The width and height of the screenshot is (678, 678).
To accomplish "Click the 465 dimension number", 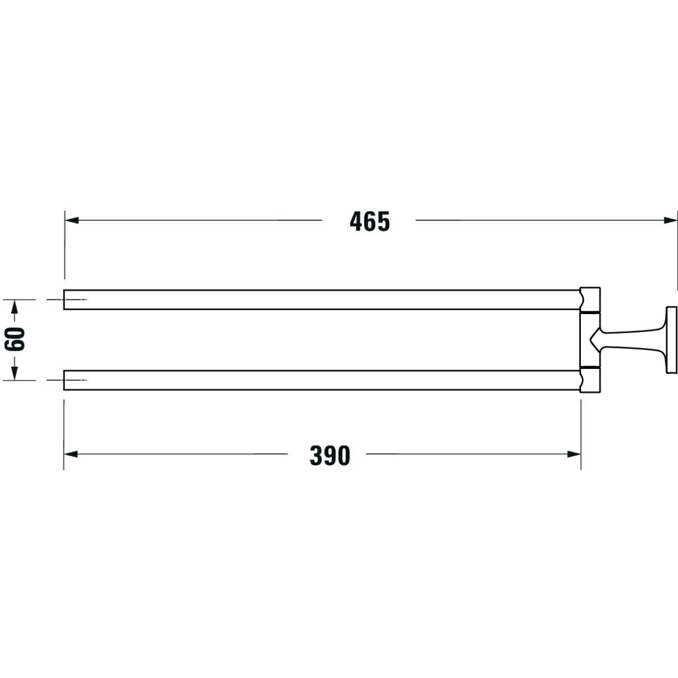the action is (x=370, y=221).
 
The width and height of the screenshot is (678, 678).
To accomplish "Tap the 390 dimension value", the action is (x=330, y=455).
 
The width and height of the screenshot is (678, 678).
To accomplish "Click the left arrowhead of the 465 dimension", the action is (x=72, y=220).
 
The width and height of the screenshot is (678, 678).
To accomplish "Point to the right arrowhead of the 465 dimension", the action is (x=670, y=220).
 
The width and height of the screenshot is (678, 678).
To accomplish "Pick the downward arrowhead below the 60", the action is (x=15, y=373).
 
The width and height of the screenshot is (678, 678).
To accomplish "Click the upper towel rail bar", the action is (x=321, y=300).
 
